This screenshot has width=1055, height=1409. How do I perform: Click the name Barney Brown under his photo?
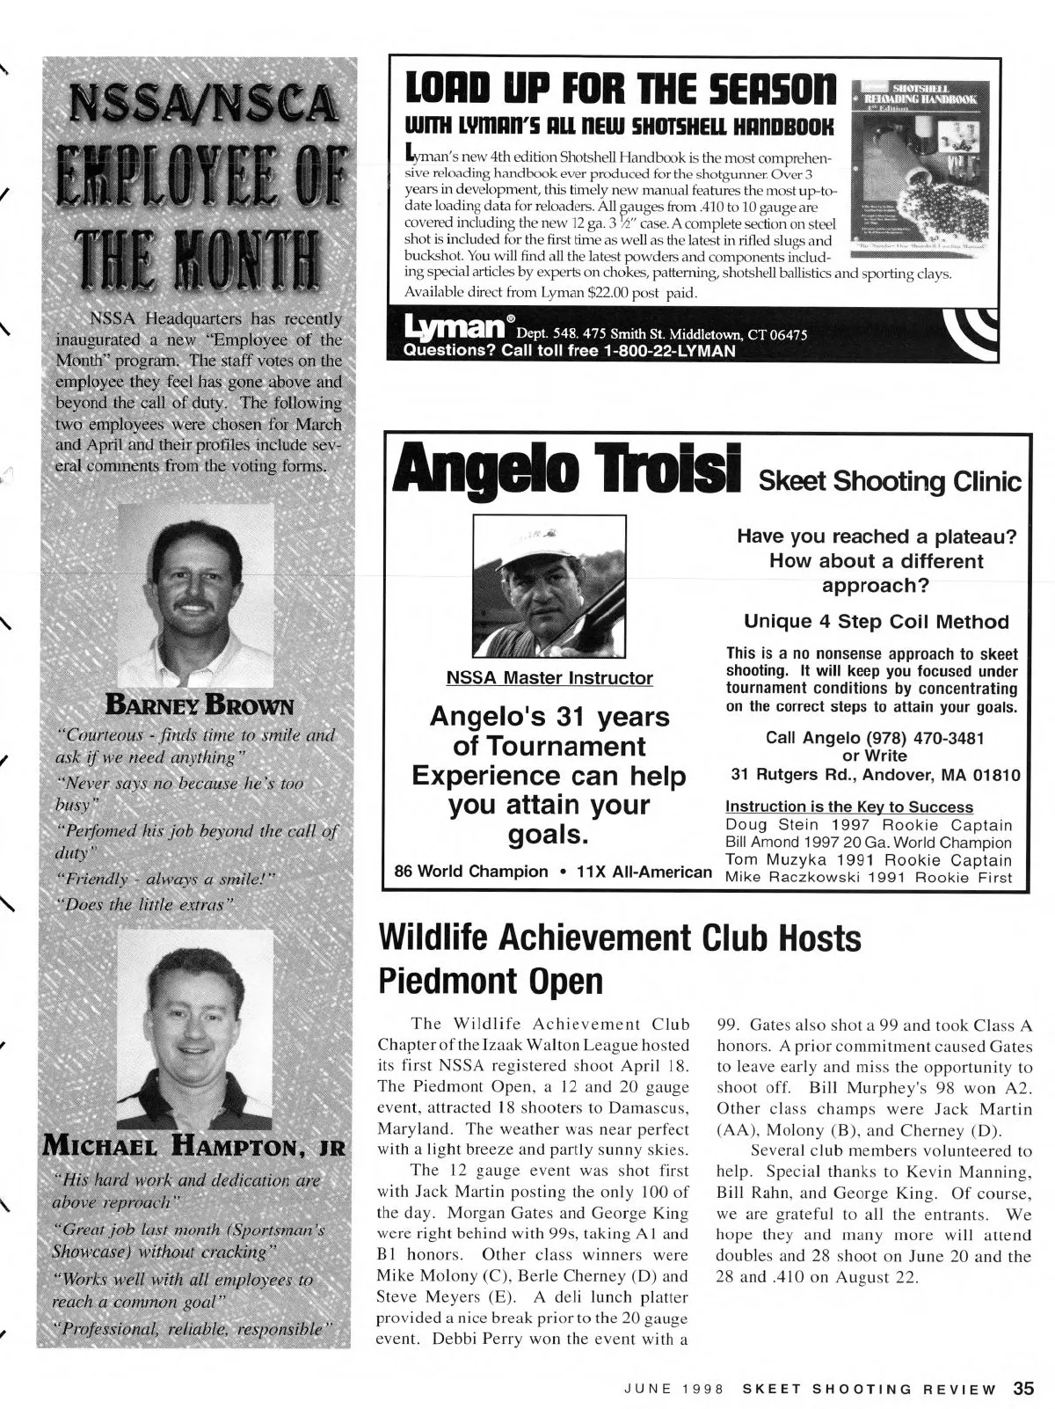(200, 705)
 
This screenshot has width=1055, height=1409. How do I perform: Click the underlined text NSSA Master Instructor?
(549, 678)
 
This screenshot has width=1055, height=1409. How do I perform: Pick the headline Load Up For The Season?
(615, 90)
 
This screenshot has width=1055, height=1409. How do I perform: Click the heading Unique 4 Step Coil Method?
(876, 622)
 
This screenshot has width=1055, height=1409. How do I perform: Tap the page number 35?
(1022, 1389)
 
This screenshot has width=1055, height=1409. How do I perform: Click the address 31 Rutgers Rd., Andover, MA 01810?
(876, 776)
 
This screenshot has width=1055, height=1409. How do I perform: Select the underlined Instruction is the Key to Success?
(848, 807)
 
